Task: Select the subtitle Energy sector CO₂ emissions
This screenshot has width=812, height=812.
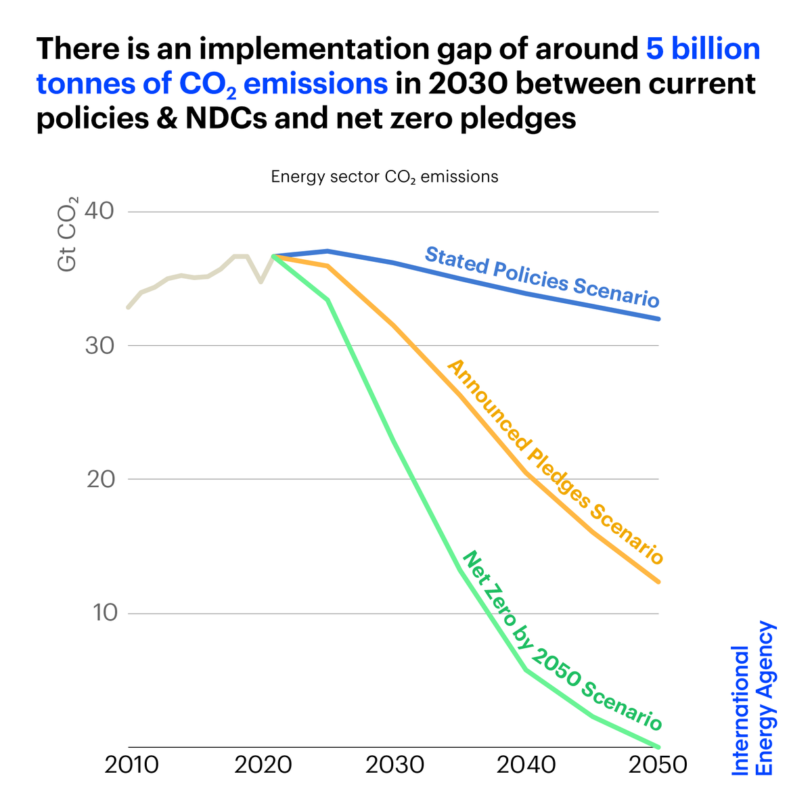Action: coord(384,177)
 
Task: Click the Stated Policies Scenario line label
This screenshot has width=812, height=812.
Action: coord(541,277)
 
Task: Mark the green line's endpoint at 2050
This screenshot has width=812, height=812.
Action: coord(658,746)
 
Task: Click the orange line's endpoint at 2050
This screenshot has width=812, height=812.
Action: coord(658,581)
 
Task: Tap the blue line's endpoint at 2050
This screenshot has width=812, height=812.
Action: coord(658,319)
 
